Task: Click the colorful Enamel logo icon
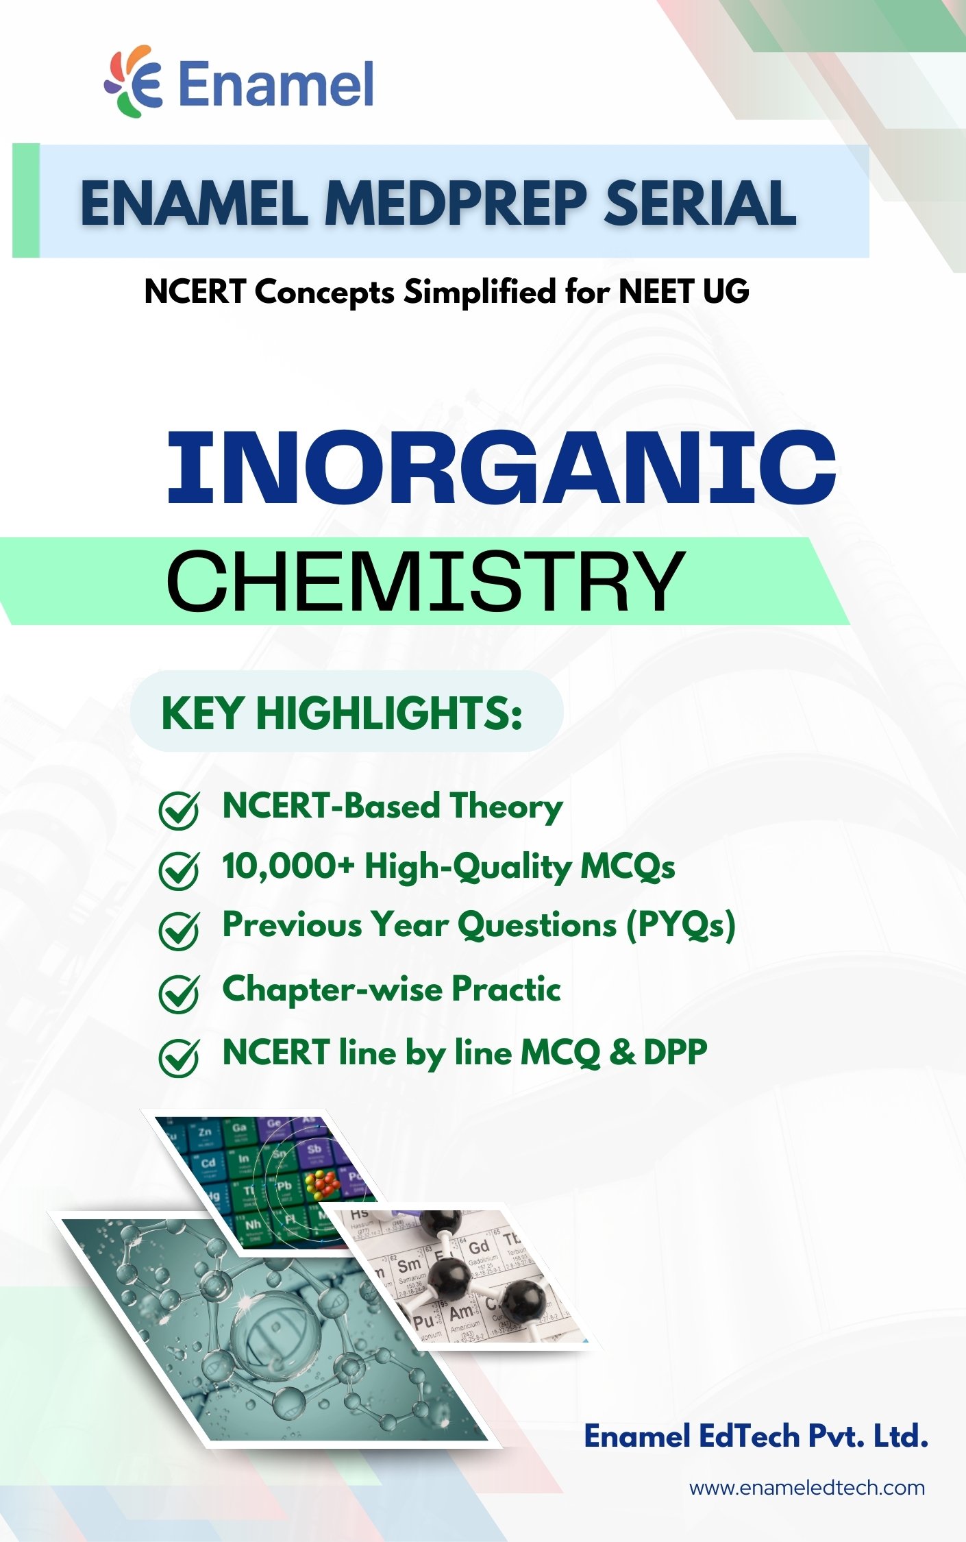point(134,82)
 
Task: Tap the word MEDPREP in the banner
point(456,204)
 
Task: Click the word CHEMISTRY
point(425,580)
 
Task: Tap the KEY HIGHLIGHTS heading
point(342,713)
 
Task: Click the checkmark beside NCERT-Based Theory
point(179,811)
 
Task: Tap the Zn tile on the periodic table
point(206,1132)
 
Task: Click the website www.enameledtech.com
point(807,1488)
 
